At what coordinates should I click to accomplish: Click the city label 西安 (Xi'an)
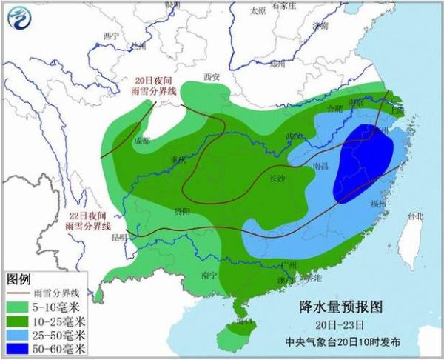[212, 76]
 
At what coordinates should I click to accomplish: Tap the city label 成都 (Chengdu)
[142, 139]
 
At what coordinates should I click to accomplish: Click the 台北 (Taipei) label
[416, 217]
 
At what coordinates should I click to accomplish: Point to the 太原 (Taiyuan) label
[258, 11]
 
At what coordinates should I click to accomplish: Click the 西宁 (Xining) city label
[111, 35]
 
